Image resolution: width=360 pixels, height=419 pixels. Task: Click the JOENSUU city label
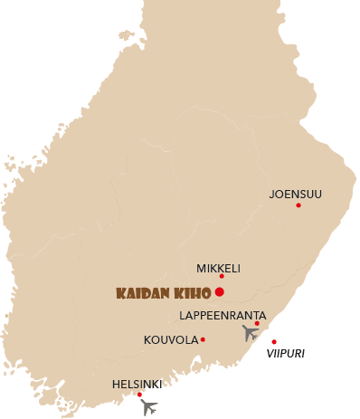point(295,194)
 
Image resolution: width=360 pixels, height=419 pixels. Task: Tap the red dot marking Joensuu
point(298,205)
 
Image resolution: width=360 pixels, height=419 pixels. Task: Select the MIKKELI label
point(218,268)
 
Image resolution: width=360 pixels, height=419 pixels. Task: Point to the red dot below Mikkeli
point(222,277)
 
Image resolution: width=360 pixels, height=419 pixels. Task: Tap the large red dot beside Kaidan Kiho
point(220,292)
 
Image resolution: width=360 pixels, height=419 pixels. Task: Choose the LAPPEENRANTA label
point(223,315)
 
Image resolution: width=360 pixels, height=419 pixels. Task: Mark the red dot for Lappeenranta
point(257,323)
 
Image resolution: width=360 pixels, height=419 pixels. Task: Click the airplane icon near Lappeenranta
point(250,332)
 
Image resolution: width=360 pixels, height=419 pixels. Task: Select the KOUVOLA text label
point(171,340)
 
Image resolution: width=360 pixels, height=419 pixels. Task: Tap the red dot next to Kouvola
point(203,340)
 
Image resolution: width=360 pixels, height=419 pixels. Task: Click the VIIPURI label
point(285,353)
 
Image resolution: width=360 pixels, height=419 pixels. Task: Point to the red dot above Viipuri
point(274,342)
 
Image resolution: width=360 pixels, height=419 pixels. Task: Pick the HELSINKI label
point(137,384)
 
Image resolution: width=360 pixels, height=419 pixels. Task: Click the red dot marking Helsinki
point(139,395)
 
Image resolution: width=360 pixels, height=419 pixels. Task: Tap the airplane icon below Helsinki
point(150,406)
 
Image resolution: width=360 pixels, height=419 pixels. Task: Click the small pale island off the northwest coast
point(126,36)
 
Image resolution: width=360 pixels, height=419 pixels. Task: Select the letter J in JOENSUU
point(272,194)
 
